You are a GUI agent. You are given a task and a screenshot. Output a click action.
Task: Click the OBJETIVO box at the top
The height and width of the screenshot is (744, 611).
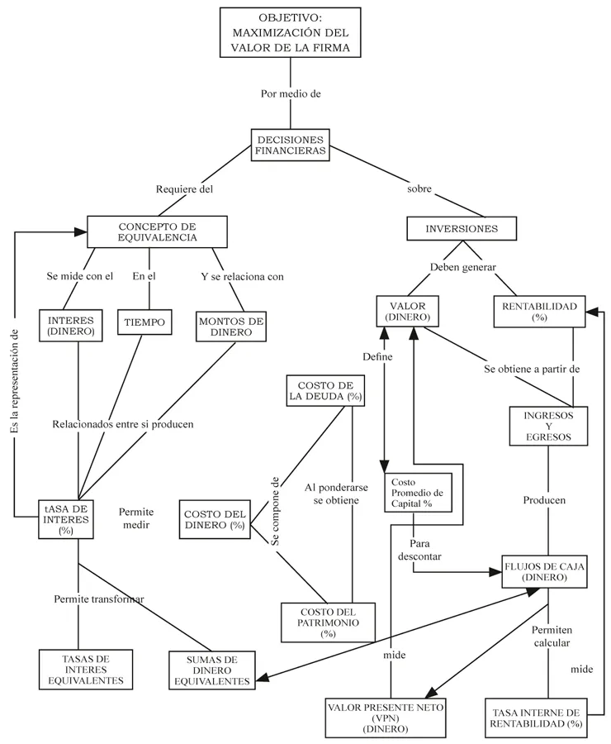pyautogui.click(x=290, y=32)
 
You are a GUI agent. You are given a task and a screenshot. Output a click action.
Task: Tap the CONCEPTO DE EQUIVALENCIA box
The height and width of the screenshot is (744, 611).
pyautogui.click(x=157, y=231)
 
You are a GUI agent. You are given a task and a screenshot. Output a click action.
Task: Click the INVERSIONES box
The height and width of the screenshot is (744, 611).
pyautogui.click(x=462, y=229)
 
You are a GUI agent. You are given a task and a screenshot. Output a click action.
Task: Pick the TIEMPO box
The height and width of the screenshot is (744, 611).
pyautogui.click(x=145, y=322)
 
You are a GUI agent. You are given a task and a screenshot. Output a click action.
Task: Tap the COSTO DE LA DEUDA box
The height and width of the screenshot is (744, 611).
pyautogui.click(x=325, y=391)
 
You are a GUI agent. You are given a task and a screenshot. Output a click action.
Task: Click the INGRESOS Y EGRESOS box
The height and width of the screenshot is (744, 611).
pyautogui.click(x=548, y=426)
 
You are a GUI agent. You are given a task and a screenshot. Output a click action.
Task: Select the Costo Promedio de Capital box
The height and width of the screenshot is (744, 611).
pyautogui.click(x=416, y=494)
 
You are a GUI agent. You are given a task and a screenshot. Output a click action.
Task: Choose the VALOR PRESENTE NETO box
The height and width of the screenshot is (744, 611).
pyautogui.click(x=386, y=718)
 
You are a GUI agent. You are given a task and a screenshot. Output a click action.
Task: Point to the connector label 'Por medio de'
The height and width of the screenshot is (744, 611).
pyautogui.click(x=290, y=93)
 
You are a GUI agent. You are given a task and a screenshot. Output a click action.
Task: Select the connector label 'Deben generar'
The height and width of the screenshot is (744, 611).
pyautogui.click(x=462, y=267)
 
